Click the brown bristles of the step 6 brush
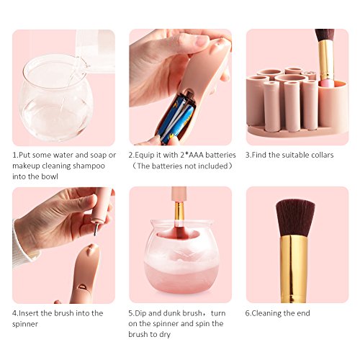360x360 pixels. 294,218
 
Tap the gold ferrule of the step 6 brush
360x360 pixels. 294,269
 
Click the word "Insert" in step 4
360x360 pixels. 29,313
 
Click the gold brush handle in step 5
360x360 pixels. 179,211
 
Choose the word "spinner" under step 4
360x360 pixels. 25,324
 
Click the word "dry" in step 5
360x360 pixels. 165,334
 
